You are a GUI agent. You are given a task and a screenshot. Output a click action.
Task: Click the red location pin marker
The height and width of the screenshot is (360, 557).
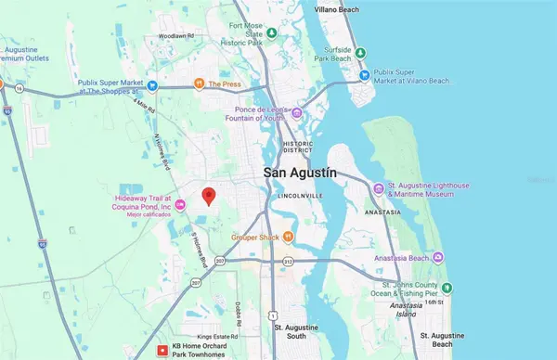[209, 196]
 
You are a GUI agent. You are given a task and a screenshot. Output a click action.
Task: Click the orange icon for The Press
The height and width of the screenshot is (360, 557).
[199, 84]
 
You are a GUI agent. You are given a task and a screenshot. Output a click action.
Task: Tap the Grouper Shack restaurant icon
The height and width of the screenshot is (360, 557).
[289, 235]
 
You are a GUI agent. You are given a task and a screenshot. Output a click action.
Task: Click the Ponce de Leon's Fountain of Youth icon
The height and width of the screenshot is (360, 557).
[297, 114]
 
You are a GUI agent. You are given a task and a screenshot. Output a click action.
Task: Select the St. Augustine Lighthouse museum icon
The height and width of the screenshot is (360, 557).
[378, 190]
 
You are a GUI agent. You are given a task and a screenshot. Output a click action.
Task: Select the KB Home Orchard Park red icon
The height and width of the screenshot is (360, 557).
[162, 350]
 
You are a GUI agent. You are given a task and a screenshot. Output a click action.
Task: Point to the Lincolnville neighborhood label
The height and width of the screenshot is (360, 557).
[298, 198]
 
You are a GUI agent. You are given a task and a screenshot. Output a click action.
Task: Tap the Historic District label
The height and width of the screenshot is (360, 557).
[298, 148]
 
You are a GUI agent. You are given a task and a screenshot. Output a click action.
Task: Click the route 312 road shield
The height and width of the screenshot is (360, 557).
[287, 261]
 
